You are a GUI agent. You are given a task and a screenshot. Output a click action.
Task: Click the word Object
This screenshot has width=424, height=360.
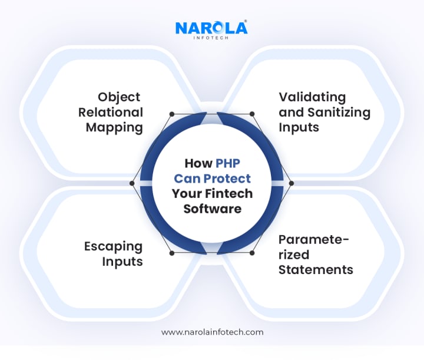tap(120, 97)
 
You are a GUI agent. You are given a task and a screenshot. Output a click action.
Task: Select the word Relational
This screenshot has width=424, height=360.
tap(114, 112)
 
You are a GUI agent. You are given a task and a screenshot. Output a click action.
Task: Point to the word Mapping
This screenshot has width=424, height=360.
tap(114, 127)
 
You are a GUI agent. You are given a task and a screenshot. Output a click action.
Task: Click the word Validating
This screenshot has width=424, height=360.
tap(312, 97)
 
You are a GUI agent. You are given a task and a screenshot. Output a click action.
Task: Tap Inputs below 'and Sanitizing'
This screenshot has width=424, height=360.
tap(299, 127)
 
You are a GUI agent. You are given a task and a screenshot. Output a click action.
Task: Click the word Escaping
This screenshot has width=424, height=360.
tap(113, 246)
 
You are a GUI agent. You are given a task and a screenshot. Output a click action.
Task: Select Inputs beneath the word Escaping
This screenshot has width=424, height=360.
tap(122, 260)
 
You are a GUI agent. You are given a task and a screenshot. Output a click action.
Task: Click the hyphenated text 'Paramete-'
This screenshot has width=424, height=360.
tap(314, 240)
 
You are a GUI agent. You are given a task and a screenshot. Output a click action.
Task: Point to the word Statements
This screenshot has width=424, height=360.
tap(316, 270)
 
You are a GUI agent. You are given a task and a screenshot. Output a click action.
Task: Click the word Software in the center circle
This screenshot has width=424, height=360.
tap(212, 209)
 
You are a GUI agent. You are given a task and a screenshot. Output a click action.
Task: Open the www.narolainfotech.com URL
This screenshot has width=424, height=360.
tap(212, 332)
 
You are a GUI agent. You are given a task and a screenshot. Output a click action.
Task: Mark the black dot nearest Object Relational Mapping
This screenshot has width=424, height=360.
tap(171, 114)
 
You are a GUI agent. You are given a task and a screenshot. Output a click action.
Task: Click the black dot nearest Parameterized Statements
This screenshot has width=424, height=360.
tap(252, 253)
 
